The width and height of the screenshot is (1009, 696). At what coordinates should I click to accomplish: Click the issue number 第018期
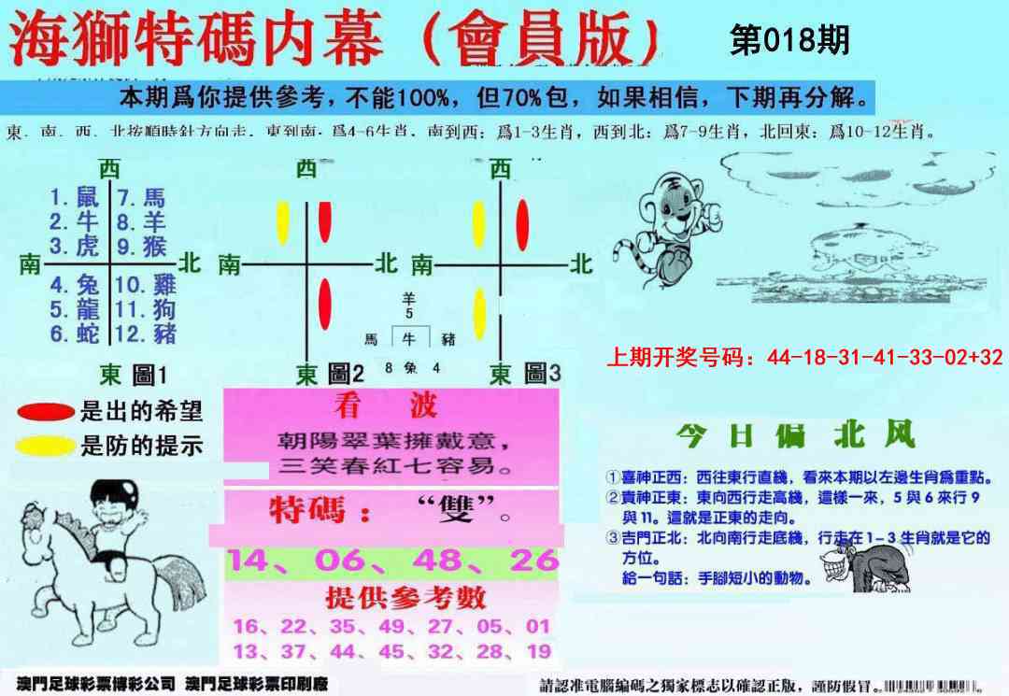pyautogui.click(x=789, y=41)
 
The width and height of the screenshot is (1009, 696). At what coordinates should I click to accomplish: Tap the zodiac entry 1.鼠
pyautogui.click(x=75, y=197)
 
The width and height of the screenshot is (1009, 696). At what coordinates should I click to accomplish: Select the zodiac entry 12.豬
pyautogui.click(x=146, y=334)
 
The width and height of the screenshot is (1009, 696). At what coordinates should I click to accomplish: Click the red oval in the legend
pyautogui.click(x=46, y=412)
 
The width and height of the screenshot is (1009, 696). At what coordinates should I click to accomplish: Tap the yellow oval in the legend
pyautogui.click(x=46, y=445)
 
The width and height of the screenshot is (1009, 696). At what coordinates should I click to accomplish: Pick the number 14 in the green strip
pyautogui.click(x=250, y=561)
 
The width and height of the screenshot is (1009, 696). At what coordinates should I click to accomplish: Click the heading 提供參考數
pyautogui.click(x=392, y=596)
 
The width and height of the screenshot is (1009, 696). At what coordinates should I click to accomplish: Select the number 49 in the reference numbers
pyautogui.click(x=391, y=626)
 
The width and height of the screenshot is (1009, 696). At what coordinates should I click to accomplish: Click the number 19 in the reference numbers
pyautogui.click(x=537, y=651)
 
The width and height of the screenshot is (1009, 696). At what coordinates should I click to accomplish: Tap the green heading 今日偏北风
pyautogui.click(x=795, y=435)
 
